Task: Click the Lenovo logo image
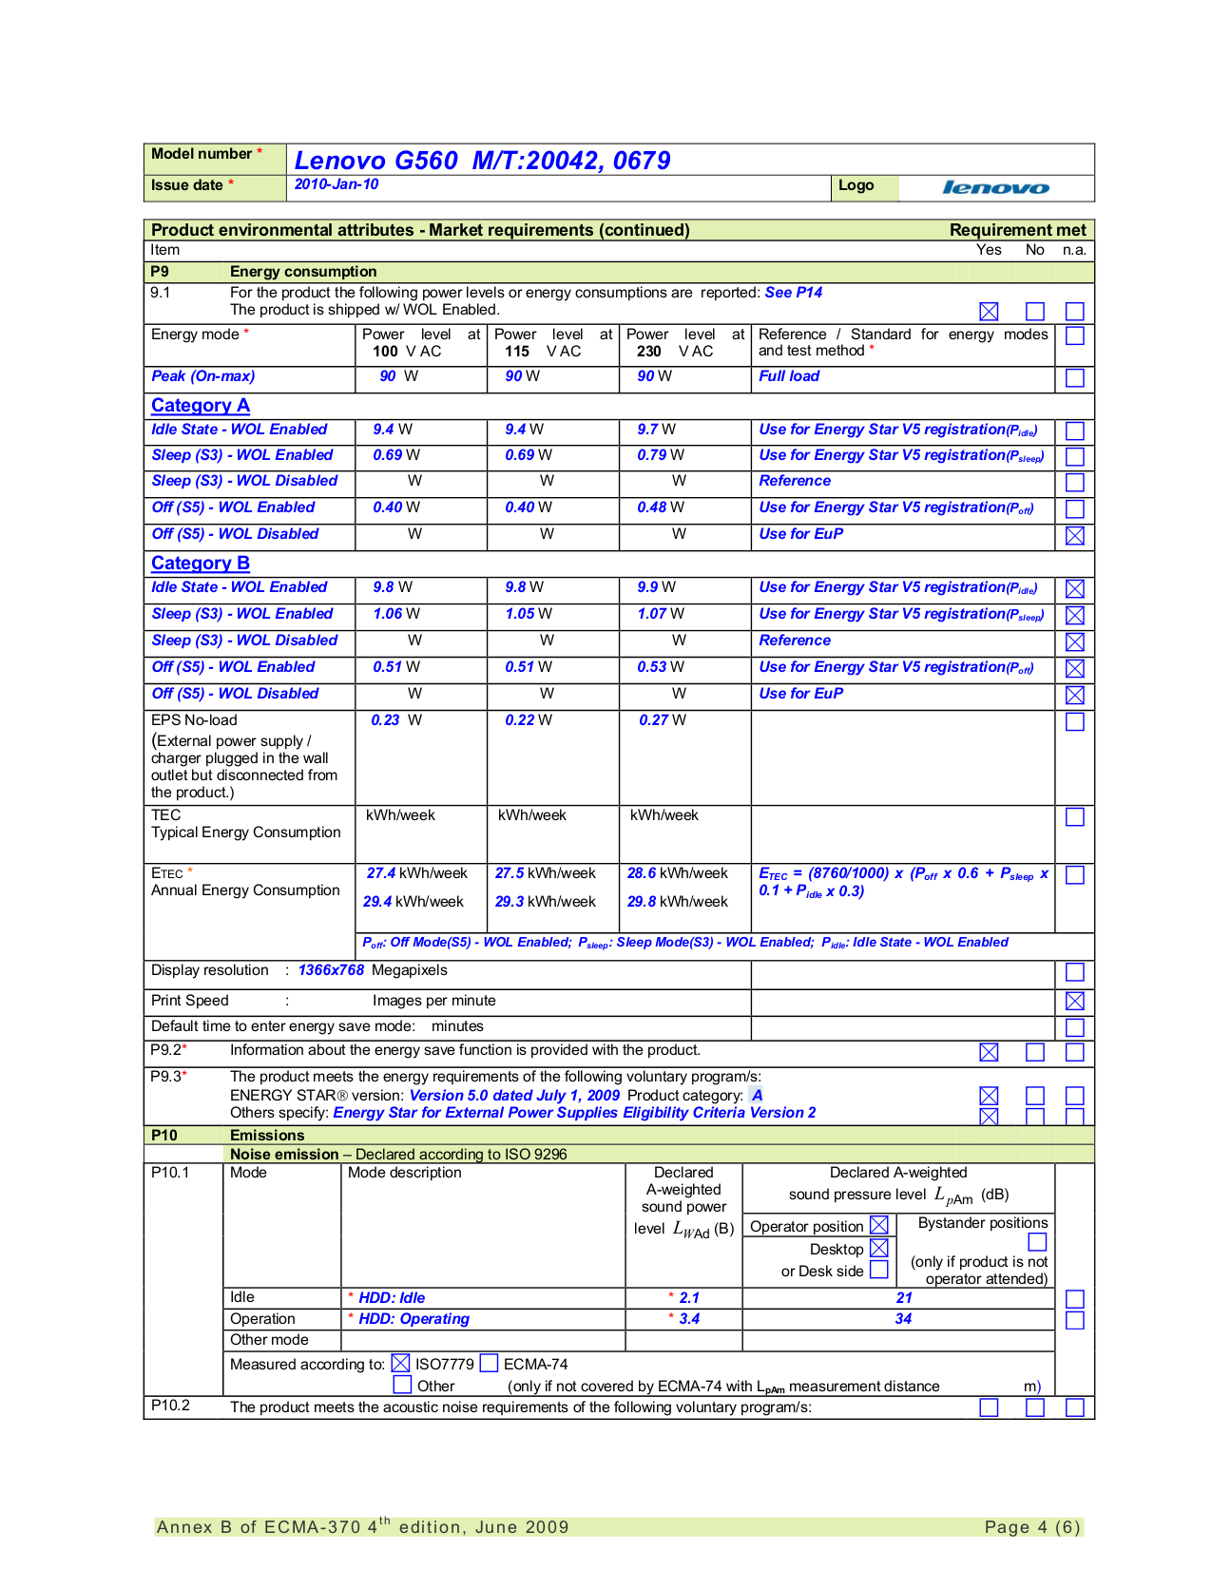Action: coord(995,188)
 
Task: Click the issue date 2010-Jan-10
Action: coord(337,184)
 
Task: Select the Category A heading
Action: coord(201,406)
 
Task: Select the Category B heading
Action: coord(201,564)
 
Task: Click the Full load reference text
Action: coord(789,376)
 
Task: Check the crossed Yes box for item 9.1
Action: coord(989,312)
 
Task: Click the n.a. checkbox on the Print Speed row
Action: coord(1075,1001)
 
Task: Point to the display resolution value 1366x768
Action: coord(331,970)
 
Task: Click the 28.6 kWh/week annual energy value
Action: coord(677,873)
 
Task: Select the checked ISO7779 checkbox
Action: coord(400,1364)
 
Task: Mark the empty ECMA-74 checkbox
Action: coord(490,1364)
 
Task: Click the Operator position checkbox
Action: coord(879,1226)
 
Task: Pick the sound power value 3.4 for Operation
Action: coord(689,1319)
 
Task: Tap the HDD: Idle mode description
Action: coord(392,1298)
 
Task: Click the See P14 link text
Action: coord(794,293)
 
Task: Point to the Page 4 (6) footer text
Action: coord(1032,1527)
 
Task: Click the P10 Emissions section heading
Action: coord(267,1136)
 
